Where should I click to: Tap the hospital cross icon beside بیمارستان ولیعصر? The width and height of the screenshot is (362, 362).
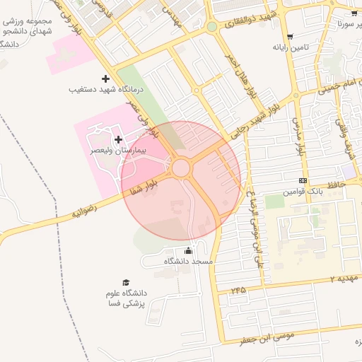117,139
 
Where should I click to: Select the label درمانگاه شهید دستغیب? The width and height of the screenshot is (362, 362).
106,90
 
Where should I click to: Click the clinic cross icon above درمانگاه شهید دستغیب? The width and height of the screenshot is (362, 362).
105,78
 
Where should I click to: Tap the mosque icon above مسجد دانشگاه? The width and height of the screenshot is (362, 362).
188,250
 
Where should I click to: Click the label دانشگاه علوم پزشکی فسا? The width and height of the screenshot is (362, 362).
124,298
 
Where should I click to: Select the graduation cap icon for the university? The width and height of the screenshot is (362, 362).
126,282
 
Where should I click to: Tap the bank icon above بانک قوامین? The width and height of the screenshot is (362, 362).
303,181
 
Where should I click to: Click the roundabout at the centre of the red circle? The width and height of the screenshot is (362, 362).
180,168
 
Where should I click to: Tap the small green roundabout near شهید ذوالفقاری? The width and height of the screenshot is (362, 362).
211,27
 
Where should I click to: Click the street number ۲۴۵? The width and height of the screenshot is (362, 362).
238,290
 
